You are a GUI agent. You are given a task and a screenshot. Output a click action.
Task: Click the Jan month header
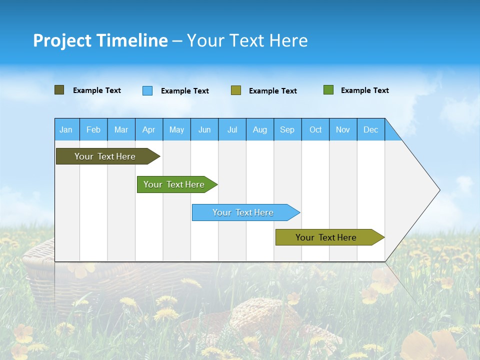(66, 129)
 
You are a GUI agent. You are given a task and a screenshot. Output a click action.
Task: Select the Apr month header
(148, 129)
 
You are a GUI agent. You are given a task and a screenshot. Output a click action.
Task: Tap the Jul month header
(232, 129)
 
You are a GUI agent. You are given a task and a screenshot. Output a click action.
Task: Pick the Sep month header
(287, 129)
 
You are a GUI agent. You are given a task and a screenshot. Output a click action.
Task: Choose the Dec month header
(370, 129)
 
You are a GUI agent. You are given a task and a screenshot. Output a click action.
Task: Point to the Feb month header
(93, 129)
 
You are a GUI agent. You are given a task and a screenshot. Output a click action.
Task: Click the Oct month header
(315, 129)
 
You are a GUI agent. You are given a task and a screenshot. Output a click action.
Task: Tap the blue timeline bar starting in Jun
(243, 212)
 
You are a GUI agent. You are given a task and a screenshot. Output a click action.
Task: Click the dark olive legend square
(59, 90)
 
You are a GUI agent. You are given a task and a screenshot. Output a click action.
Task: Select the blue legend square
(147, 90)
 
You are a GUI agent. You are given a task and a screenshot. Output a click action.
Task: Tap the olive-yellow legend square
(236, 90)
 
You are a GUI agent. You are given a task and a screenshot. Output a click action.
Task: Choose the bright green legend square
(328, 90)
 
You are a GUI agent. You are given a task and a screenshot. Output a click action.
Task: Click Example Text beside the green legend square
(364, 90)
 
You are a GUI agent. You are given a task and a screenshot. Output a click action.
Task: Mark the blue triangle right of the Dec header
(391, 132)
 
